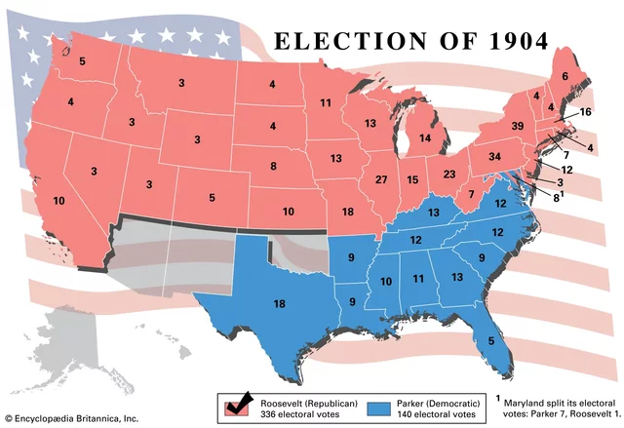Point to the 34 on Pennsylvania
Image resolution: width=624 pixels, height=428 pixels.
pos(494,157)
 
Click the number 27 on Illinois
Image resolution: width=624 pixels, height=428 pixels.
pos(381,179)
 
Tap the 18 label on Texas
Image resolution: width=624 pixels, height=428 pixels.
pos(279,304)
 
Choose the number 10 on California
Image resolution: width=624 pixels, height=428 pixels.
pos(58,201)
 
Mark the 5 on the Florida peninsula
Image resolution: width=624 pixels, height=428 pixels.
pos(490,340)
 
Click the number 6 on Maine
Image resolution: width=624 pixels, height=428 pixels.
pos(564,76)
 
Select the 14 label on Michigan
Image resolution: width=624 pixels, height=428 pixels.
pos(424,139)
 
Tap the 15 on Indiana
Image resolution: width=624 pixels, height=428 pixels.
pos(412,180)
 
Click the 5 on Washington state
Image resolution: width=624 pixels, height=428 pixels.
pos(82,62)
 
